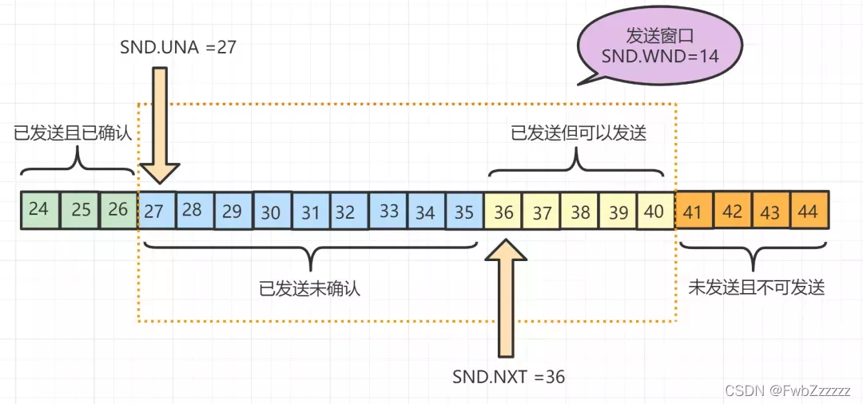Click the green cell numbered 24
pyautogui.click(x=39, y=210)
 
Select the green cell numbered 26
pyautogui.click(x=118, y=210)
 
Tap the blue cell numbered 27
pyautogui.click(x=157, y=211)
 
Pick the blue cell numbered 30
pyautogui.click(x=272, y=212)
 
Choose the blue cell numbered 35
pyautogui.click(x=464, y=212)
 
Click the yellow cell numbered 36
pyautogui.click(x=503, y=212)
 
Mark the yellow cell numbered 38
pyautogui.click(x=580, y=212)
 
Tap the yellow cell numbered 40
pyautogui.click(x=655, y=212)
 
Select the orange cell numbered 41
pyautogui.click(x=694, y=211)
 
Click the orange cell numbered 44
pyautogui.click(x=809, y=211)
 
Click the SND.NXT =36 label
pyautogui.click(x=509, y=376)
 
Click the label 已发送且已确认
pyautogui.click(x=73, y=133)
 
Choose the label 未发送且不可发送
pyautogui.click(x=756, y=287)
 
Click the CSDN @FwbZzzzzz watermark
pyautogui.click(x=787, y=390)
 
